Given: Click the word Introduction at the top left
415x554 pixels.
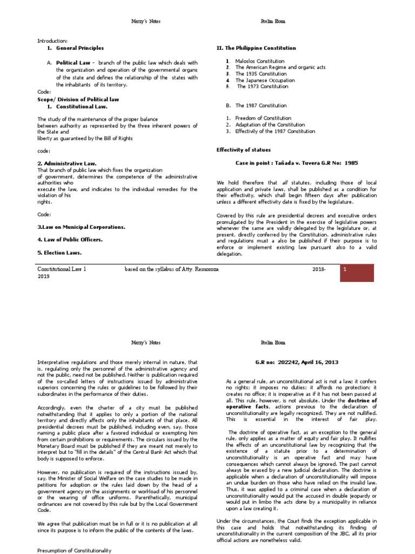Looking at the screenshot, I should (x=52, y=41).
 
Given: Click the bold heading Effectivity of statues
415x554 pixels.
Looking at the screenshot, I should (x=244, y=150).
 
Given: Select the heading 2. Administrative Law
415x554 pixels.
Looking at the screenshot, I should (x=66, y=163).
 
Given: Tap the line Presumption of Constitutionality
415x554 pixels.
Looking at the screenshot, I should (x=74, y=550).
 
